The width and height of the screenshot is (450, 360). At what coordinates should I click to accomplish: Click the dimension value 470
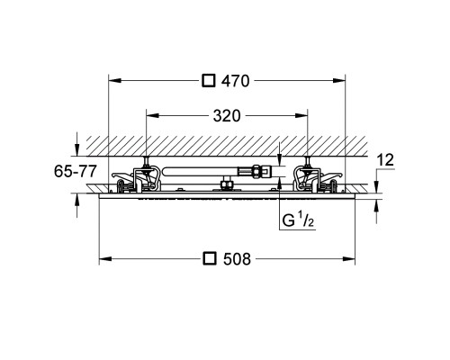236,81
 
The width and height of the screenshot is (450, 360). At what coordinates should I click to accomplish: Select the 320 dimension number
227,116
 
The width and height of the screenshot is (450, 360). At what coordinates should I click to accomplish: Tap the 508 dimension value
237,259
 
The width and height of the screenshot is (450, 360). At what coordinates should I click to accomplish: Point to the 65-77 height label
76,171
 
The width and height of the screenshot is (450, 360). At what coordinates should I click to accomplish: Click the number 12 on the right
385,160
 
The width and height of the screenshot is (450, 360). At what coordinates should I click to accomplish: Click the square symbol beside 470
209,81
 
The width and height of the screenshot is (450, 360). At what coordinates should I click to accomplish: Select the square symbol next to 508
210,258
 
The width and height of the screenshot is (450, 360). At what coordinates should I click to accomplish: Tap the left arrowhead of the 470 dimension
114,80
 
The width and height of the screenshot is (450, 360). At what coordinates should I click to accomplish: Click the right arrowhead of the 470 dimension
339,80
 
